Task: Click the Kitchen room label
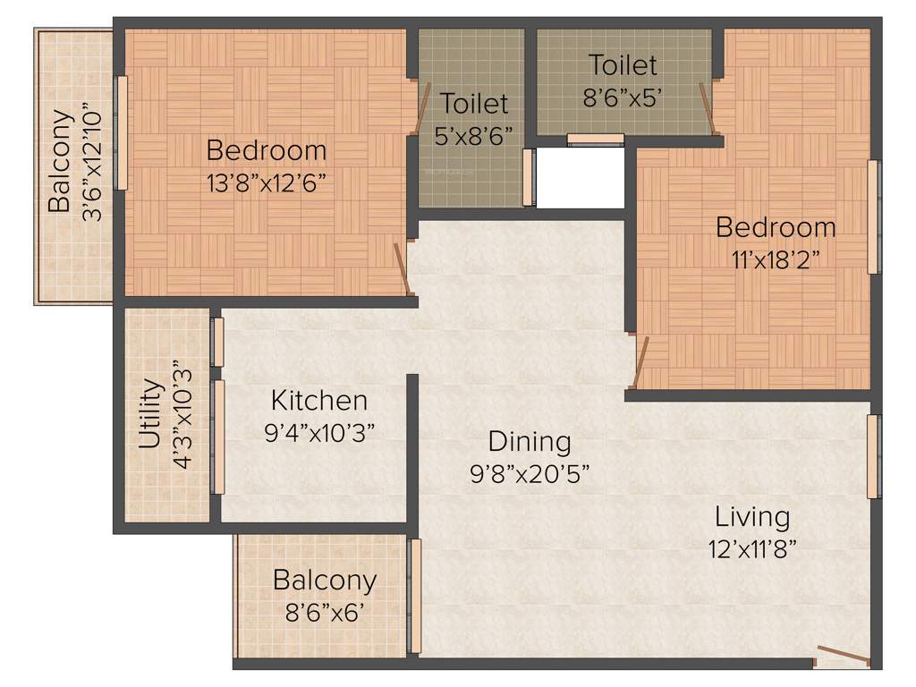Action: point(319,400)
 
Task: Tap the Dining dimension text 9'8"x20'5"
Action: point(529,474)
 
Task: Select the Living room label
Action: point(751,517)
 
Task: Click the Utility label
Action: point(150,414)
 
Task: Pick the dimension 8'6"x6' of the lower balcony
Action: point(325,613)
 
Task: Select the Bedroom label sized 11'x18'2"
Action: point(775,226)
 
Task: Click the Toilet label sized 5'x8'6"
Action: point(475,104)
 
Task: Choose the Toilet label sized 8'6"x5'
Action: point(622,64)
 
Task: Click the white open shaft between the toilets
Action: point(580,177)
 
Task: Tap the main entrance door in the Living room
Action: point(843,658)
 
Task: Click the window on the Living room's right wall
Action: point(873,456)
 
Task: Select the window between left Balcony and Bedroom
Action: point(122,132)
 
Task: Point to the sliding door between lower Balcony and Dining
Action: point(415,596)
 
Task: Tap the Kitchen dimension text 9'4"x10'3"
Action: point(319,432)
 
